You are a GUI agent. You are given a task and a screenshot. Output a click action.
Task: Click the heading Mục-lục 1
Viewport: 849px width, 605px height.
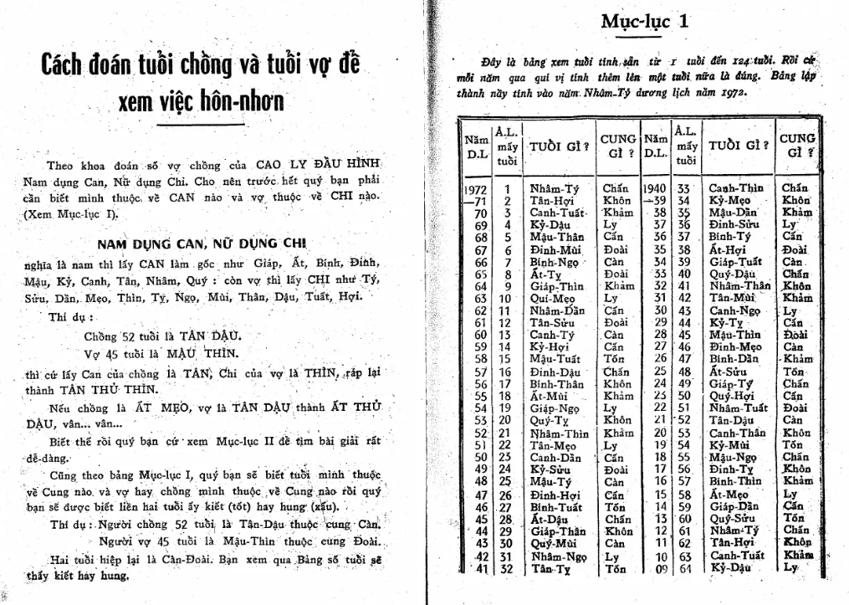tap(644, 22)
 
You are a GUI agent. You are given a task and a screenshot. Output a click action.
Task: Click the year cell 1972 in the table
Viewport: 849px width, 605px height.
tap(475, 189)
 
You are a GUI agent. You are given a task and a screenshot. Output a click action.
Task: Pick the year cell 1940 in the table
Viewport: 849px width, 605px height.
tap(657, 189)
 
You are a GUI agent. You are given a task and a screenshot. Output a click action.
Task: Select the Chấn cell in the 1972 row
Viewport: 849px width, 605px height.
tap(616, 189)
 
